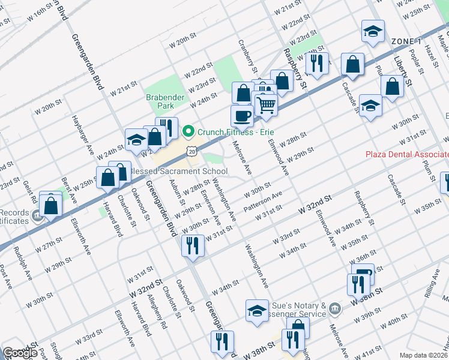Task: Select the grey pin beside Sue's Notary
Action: [x=335, y=310]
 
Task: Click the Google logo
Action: [x=20, y=353]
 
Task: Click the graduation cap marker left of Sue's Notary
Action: [x=257, y=310]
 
